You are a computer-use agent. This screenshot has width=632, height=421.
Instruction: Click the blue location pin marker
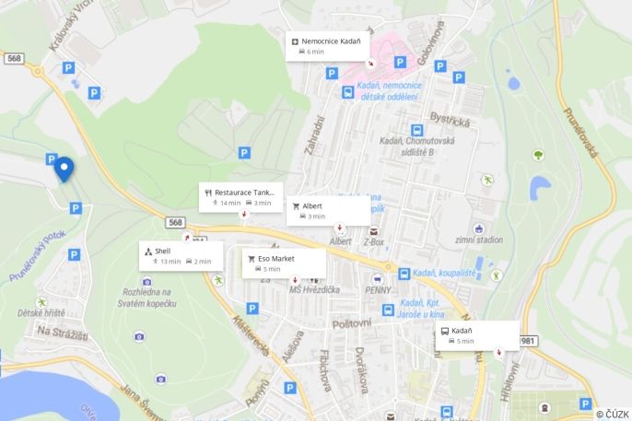(64, 170)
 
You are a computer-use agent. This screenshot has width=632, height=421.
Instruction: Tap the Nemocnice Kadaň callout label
(329, 46)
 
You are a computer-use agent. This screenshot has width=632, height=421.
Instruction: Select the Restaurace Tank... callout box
(240, 197)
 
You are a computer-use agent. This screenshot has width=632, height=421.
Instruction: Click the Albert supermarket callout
(329, 210)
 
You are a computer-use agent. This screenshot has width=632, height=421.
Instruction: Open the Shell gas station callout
(181, 255)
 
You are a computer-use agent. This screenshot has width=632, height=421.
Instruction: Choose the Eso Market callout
(284, 263)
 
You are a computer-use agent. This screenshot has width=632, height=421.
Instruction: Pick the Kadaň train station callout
(477, 335)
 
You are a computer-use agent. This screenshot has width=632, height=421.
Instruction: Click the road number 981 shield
(528, 341)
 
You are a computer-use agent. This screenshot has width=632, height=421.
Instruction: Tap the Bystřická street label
(451, 122)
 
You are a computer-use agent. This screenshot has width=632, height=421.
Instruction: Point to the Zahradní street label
(315, 136)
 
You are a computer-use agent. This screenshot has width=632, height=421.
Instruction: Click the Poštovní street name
(351, 322)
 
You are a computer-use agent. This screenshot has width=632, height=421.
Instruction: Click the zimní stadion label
(479, 240)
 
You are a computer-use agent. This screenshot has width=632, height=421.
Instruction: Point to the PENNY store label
(379, 290)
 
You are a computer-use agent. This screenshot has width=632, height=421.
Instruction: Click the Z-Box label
(374, 243)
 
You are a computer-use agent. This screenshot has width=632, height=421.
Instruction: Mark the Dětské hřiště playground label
(41, 313)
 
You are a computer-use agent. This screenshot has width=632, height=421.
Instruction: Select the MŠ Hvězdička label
(314, 290)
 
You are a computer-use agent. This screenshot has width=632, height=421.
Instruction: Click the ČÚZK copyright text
(612, 414)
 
